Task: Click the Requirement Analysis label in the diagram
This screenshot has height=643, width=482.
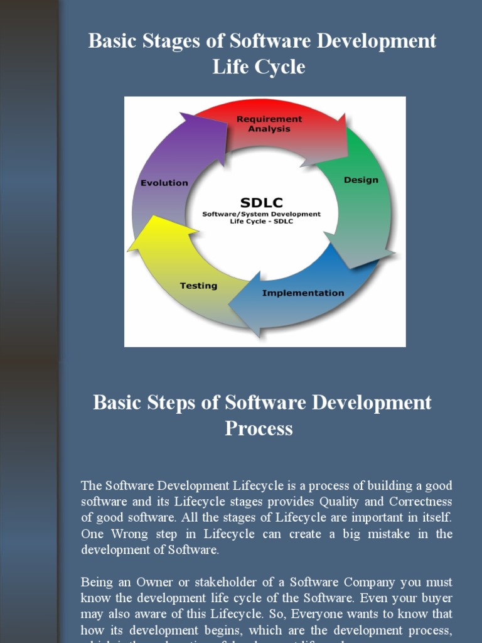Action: [269, 124]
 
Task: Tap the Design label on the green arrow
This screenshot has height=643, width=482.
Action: [361, 180]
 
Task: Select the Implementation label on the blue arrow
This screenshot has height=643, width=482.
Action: [303, 293]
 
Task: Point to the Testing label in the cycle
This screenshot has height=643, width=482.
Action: [198, 286]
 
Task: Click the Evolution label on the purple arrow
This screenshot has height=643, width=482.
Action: [164, 183]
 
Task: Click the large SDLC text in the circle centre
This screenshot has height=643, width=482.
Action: [262, 202]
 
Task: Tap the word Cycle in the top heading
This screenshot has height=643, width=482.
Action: [281, 67]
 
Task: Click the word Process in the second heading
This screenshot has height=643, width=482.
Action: [259, 429]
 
